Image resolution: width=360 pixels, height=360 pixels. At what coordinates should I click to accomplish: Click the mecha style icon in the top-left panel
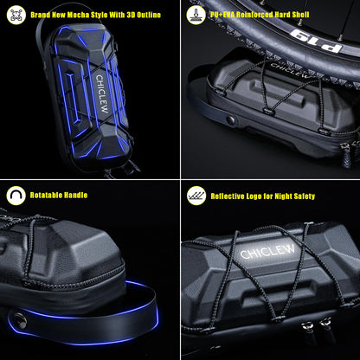click(16, 15)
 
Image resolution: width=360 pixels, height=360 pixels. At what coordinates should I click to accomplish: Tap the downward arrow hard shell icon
click(196, 15)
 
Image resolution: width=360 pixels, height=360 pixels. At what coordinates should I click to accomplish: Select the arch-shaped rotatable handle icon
click(16, 196)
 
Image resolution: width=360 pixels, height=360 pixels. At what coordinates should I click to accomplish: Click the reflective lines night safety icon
click(196, 196)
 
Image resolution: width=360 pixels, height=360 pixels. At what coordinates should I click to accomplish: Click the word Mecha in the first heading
click(78, 15)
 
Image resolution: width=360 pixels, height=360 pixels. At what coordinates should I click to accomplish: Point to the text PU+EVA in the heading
click(222, 15)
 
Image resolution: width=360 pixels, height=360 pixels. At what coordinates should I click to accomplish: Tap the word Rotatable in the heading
click(46, 196)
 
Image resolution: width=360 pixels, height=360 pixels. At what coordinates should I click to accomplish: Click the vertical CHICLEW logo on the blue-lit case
click(102, 93)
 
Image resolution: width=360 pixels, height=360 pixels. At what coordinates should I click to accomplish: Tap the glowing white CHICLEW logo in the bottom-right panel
click(267, 251)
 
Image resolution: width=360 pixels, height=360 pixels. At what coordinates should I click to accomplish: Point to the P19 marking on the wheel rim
click(315, 40)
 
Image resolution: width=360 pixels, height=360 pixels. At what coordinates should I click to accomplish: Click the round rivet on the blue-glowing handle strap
click(20, 320)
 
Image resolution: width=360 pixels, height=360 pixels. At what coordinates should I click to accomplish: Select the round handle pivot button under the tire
click(231, 119)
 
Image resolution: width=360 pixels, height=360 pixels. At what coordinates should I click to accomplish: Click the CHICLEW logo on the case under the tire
click(289, 71)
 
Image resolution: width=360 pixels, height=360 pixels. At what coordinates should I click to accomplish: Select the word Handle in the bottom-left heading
click(75, 196)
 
